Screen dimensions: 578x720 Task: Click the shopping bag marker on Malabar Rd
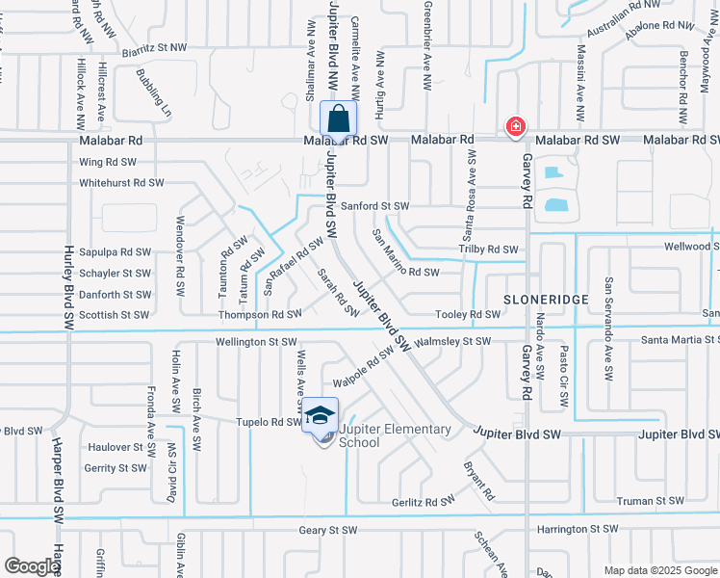pos(338,119)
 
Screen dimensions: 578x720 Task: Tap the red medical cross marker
pos(516,127)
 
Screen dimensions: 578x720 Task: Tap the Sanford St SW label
pos(374,206)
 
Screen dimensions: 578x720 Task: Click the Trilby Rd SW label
pos(488,250)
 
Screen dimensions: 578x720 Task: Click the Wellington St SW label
pos(255,341)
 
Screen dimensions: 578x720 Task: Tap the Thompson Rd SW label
pos(260,315)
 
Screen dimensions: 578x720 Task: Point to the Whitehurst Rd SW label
pos(121,182)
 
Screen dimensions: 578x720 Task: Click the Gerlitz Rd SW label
pos(423,502)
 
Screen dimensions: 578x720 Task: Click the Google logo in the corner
pos(32,566)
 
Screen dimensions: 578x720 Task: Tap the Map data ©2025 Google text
pos(659,570)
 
